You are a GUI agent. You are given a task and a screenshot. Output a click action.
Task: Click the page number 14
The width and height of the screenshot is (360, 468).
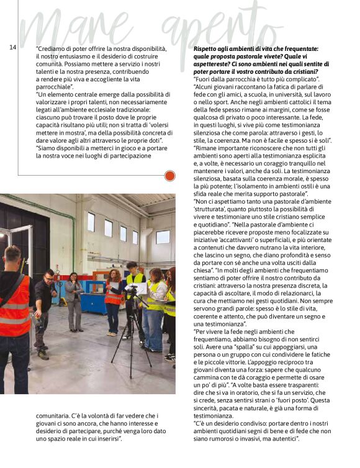[12, 48]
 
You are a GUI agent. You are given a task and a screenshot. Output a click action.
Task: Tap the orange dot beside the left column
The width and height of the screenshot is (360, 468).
[169, 176]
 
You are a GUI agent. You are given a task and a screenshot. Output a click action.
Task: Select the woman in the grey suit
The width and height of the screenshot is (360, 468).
[74, 298]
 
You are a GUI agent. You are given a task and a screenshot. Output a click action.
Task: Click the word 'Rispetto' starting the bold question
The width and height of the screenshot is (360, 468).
[205, 48]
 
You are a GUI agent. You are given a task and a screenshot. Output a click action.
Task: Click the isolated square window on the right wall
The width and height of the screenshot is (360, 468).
[163, 236]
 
